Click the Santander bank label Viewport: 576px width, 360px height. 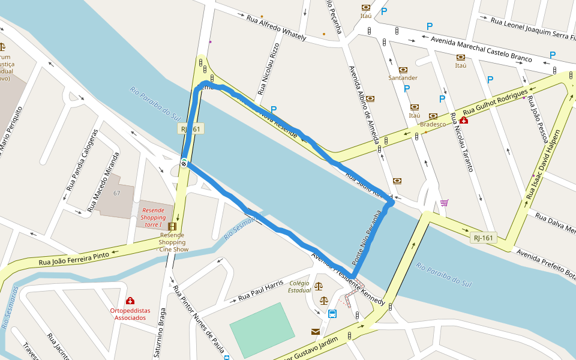(x=403, y=78)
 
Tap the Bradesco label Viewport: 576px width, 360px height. (x=433, y=124)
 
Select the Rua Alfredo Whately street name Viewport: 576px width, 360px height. (x=276, y=28)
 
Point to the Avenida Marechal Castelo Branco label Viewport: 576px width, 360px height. (x=482, y=49)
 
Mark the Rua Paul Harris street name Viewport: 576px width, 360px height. (x=260, y=290)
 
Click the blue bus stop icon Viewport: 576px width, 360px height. (x=332, y=314)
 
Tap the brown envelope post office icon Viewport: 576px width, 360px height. (x=316, y=331)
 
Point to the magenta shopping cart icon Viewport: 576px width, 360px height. (x=444, y=203)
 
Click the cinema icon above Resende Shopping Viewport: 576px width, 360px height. (x=173, y=226)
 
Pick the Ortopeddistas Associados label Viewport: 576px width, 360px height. (x=130, y=314)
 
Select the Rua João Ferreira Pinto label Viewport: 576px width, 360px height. (x=74, y=259)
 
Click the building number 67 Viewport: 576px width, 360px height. (x=117, y=193)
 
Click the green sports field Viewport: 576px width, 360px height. (x=262, y=329)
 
